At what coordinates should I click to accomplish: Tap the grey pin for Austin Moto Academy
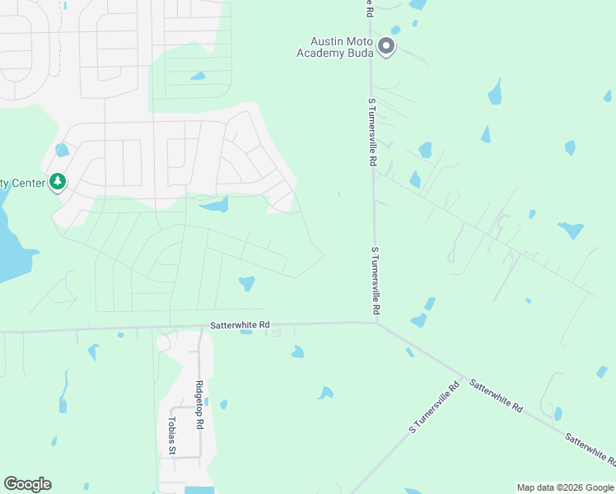[x=387, y=47]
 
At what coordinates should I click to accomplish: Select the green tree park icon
[x=57, y=181]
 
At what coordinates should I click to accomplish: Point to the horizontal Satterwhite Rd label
[x=240, y=325]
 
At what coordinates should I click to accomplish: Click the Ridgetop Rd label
[x=199, y=405]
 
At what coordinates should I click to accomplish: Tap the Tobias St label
[x=171, y=435]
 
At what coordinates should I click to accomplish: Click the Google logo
[x=27, y=484]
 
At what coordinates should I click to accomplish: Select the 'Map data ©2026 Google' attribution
[x=565, y=487]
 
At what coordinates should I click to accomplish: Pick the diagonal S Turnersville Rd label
[x=434, y=408]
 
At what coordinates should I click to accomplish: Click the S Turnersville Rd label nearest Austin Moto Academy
[x=371, y=133]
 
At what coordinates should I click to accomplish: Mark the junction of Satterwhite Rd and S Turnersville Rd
[x=376, y=322]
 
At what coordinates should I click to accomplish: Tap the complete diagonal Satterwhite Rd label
[x=496, y=395]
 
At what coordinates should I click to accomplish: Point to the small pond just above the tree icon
[x=62, y=151]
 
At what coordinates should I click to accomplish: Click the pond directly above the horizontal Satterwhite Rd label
[x=246, y=284]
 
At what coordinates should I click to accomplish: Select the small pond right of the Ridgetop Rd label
[x=223, y=404]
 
